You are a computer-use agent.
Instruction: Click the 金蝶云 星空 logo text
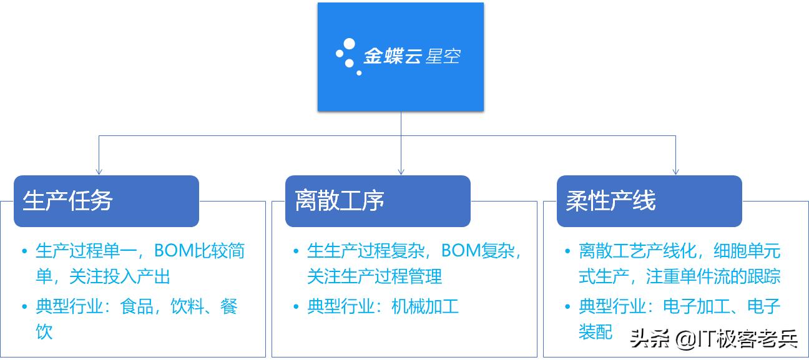(412, 57)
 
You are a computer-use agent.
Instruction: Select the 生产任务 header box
(106, 201)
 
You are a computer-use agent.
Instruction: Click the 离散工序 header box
(378, 201)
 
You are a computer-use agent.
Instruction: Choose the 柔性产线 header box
(649, 201)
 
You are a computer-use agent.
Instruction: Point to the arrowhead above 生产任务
(99, 171)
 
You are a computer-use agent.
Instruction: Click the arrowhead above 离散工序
(401, 171)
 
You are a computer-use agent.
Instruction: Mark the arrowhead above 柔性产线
(676, 171)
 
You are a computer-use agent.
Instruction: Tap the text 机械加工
(425, 306)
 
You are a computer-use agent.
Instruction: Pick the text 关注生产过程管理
(375, 276)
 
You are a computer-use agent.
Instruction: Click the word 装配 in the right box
(596, 332)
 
